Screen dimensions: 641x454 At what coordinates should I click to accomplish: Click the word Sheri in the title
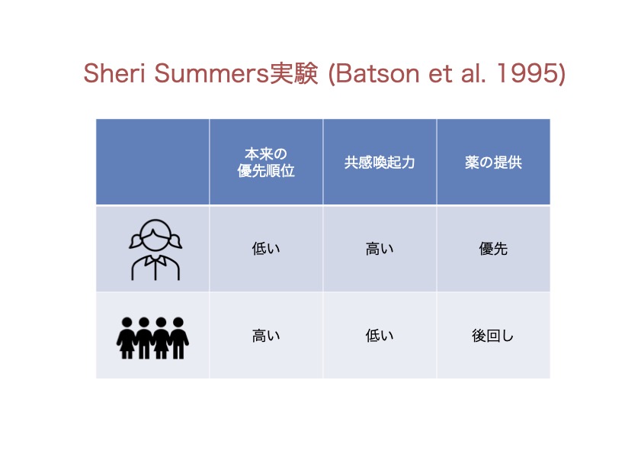click(114, 73)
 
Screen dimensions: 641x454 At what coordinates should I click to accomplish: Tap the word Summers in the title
click(211, 73)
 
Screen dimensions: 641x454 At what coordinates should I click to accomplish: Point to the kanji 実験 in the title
click(293, 73)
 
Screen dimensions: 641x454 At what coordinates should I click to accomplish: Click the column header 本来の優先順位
click(266, 162)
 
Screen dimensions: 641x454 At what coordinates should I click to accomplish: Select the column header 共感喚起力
click(380, 163)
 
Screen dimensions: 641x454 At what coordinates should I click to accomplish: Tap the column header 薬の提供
click(493, 163)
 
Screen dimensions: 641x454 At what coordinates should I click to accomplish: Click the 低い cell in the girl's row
click(266, 249)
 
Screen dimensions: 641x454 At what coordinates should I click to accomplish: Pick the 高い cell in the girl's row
click(380, 249)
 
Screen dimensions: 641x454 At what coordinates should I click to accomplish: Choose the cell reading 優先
click(493, 249)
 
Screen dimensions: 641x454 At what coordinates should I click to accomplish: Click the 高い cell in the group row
click(266, 336)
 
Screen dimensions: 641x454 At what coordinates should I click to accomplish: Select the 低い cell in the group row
click(380, 336)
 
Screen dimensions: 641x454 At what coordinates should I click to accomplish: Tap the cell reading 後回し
click(492, 336)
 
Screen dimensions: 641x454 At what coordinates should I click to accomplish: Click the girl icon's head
click(155, 235)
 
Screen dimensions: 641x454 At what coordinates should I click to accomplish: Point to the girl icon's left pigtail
click(136, 242)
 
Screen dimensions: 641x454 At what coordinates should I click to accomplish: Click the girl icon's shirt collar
click(155, 261)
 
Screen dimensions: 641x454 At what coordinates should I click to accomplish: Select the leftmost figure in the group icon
click(127, 338)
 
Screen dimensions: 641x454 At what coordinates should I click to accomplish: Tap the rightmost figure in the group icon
click(178, 338)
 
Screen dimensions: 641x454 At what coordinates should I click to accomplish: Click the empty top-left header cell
click(152, 162)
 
